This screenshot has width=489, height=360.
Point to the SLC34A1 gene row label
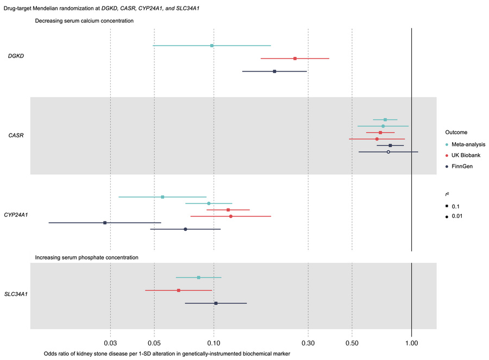pyautogui.click(x=19, y=294)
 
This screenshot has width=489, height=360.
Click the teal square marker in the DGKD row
pyautogui.click(x=212, y=46)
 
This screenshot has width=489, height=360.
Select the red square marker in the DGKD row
pyautogui.click(x=295, y=59)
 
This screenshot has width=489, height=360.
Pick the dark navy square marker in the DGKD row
pyautogui.click(x=274, y=72)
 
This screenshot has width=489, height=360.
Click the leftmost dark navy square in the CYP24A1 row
pyautogui.click(x=105, y=223)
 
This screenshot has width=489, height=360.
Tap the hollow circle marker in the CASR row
pyautogui.click(x=388, y=152)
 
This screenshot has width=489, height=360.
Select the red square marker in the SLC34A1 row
pyautogui.click(x=178, y=290)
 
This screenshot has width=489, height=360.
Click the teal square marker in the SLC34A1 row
pyautogui.click(x=198, y=277)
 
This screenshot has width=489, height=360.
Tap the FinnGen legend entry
pyautogui.click(x=462, y=166)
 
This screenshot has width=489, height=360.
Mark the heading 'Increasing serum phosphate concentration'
pyautogui.click(x=86, y=257)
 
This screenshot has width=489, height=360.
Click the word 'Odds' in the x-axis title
pyautogui.click(x=51, y=353)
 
